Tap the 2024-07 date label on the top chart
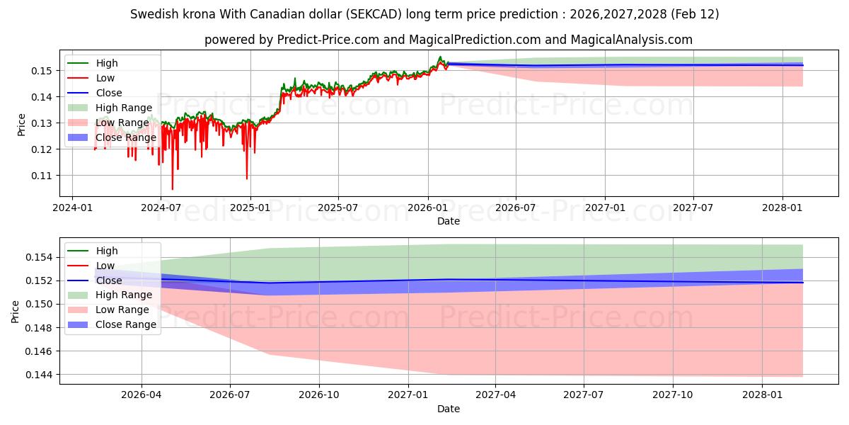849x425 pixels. click(161, 207)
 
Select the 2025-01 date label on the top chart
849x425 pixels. click(250, 207)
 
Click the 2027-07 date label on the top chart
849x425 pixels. click(693, 207)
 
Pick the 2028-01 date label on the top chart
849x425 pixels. click(782, 207)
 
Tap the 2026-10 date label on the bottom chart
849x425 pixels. click(319, 395)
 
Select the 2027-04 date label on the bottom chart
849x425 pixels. click(495, 395)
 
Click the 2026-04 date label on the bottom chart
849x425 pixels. click(141, 395)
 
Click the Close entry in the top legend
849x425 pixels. click(109, 93)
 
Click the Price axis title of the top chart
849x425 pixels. click(21, 124)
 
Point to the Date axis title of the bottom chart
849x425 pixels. click(449, 409)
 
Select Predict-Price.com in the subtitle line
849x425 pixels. click(316, 40)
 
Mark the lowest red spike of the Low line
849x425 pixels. click(172, 189)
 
